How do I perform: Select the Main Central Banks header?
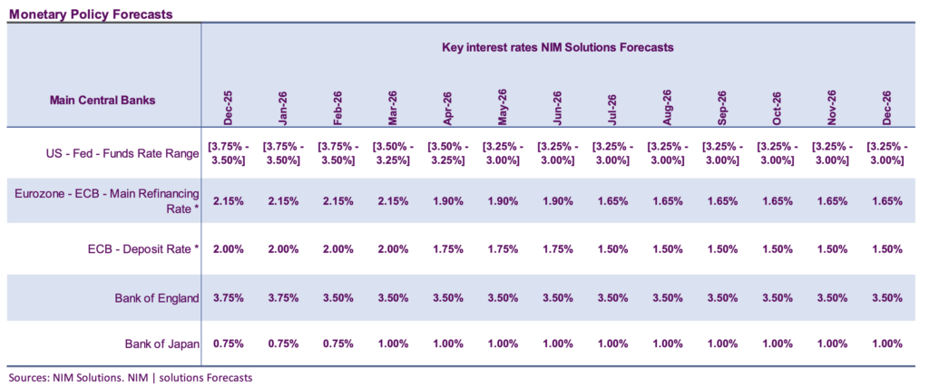click(x=102, y=101)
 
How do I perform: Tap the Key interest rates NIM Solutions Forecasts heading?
click(x=557, y=46)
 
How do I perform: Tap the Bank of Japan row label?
click(x=161, y=344)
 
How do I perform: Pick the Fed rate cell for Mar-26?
click(x=392, y=152)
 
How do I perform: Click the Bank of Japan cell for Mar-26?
click(x=392, y=344)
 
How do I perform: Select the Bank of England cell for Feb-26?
click(x=337, y=297)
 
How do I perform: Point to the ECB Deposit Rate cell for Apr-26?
click(x=446, y=249)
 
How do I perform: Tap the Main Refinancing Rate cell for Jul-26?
click(x=611, y=201)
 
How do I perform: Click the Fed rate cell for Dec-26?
click(x=886, y=152)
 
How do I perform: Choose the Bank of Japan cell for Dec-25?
click(x=227, y=344)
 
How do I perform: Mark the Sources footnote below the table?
click(x=129, y=377)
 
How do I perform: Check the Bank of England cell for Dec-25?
click(x=227, y=297)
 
